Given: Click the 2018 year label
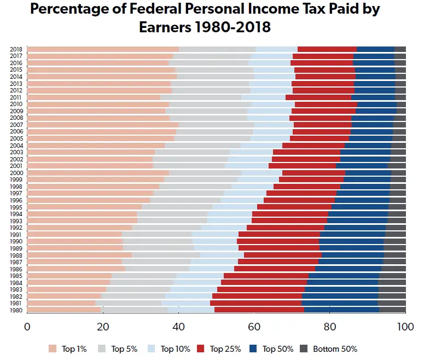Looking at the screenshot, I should pos(15,49).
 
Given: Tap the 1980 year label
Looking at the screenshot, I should pos(15,310).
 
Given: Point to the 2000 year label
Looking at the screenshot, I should pos(15,173).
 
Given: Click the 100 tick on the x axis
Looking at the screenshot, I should pos(404,327).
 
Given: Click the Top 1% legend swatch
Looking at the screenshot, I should pos(53,349).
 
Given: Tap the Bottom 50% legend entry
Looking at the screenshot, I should pos(333,349).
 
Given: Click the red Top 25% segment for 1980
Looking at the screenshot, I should pos(259,310).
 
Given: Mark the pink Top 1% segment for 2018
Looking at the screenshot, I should pos(103,49).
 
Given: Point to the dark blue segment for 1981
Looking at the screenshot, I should pos(339,303).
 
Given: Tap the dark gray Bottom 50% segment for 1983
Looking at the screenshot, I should pos(392,289).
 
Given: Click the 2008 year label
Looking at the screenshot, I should pos(15,118).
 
